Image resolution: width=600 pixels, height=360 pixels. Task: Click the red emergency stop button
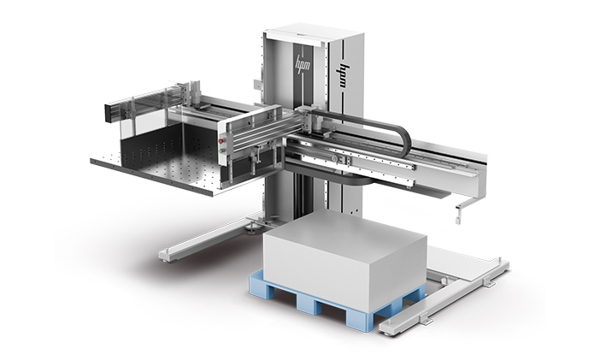221,141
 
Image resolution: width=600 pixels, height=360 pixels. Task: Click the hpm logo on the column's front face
303,63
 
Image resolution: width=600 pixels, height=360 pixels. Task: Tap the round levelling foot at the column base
253,228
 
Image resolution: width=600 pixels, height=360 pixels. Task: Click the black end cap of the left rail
109,112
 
